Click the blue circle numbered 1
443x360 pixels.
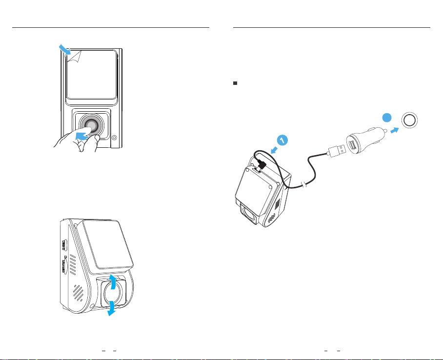click(282, 140)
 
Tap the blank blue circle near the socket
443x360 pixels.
click(387, 118)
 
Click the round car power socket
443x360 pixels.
click(409, 120)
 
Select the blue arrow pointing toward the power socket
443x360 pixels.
click(395, 130)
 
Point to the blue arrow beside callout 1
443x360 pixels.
click(274, 150)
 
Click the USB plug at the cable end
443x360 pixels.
click(336, 151)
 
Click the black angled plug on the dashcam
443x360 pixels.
click(261, 165)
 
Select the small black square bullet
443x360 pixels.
click(235, 83)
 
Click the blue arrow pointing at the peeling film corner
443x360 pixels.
click(65, 49)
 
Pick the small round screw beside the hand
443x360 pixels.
click(114, 138)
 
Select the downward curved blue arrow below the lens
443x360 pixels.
click(112, 308)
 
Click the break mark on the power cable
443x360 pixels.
click(303, 185)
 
